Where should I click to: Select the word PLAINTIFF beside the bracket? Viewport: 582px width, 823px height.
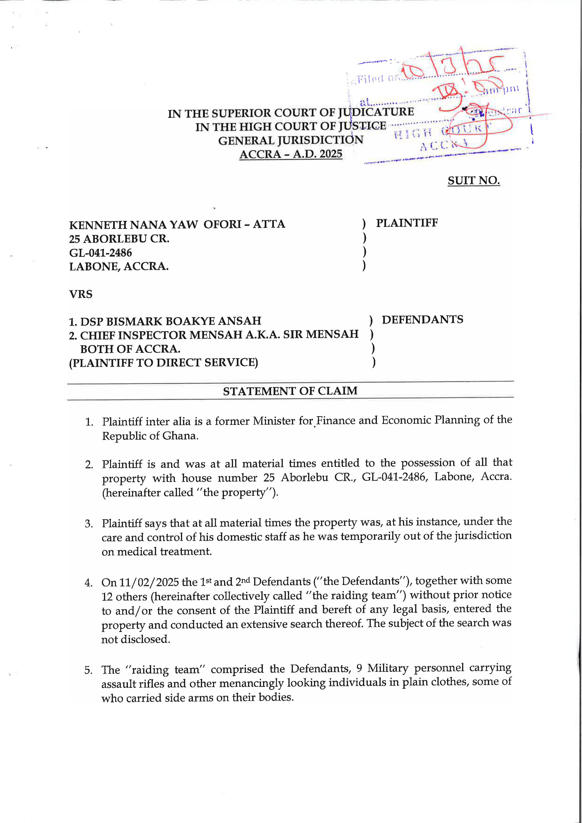tap(407, 223)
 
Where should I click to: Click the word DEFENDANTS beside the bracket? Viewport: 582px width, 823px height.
tap(422, 319)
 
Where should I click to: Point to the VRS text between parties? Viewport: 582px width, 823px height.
tap(81, 294)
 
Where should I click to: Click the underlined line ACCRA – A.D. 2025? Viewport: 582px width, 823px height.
tap(291, 154)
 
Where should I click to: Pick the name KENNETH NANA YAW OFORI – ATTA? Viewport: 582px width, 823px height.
tap(177, 224)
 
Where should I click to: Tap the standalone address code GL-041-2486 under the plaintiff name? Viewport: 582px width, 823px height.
tap(100, 253)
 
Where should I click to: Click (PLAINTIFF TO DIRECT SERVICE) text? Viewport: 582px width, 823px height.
tap(163, 362)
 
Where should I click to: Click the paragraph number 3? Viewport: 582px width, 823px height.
tap(89, 524)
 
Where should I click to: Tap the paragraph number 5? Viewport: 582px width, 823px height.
tap(88, 670)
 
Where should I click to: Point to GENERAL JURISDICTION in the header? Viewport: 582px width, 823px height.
tap(291, 140)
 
